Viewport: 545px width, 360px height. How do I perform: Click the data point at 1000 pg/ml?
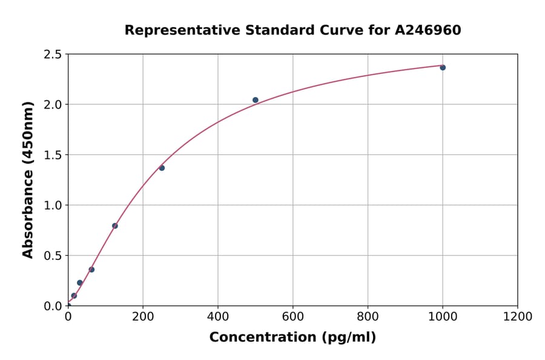[x=443, y=67]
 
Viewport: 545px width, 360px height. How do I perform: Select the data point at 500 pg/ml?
[x=256, y=100]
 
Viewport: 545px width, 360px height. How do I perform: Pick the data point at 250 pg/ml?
[x=162, y=168]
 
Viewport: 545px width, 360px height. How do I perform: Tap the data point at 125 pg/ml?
[x=114, y=226]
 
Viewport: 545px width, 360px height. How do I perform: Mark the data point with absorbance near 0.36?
[x=91, y=270]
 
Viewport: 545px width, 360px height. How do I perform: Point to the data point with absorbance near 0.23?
[x=79, y=282]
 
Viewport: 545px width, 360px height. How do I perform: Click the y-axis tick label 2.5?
[x=53, y=55]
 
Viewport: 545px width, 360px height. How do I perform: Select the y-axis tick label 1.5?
[x=53, y=155]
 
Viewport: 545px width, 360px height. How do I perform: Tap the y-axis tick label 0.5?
[x=53, y=256]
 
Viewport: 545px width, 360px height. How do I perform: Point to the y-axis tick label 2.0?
[x=53, y=105]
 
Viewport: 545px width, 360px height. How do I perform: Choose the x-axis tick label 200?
[x=143, y=317]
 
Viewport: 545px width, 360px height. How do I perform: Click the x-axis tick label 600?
[x=292, y=317]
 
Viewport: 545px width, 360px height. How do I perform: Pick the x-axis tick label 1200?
[x=518, y=317]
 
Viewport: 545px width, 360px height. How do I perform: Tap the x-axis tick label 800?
[x=368, y=317]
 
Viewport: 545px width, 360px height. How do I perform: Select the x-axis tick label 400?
[x=218, y=317]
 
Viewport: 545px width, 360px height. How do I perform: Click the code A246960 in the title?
[x=428, y=30]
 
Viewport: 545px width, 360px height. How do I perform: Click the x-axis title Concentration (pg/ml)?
[x=292, y=338]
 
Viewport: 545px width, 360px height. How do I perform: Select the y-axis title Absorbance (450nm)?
[x=28, y=179]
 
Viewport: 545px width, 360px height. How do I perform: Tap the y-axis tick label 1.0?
[x=53, y=205]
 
